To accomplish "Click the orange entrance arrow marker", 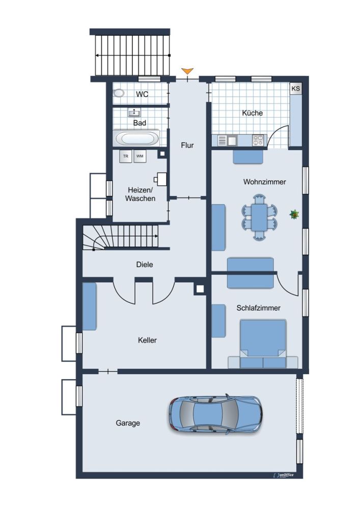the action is [x=187, y=71].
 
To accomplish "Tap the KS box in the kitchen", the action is [x=296, y=88].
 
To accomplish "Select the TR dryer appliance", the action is [x=126, y=156].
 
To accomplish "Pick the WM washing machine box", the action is [x=140, y=156].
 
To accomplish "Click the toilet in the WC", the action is [x=119, y=93].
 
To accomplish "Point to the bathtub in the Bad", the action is [x=136, y=138].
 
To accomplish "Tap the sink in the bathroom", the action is [x=134, y=112].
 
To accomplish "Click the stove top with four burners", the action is [x=258, y=140].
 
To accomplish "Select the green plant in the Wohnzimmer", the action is [x=294, y=214].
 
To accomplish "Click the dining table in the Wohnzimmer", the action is [x=259, y=217].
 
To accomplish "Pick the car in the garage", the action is [x=215, y=414].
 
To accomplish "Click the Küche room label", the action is [x=252, y=113].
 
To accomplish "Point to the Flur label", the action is [x=187, y=145].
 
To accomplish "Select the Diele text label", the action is [x=145, y=265].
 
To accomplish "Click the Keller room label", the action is [x=147, y=340].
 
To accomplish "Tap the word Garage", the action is [x=128, y=423].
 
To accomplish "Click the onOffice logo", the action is [x=284, y=475].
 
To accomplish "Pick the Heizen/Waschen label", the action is [x=140, y=194].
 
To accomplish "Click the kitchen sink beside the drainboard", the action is [x=232, y=141].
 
